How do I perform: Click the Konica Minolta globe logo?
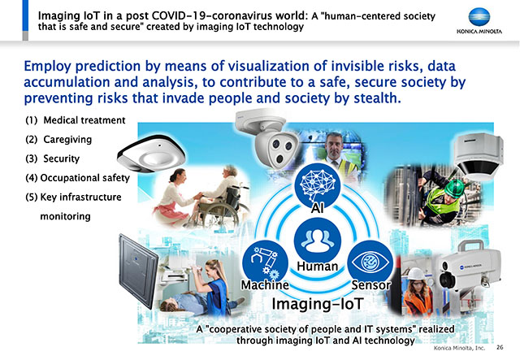pyautogui.click(x=479, y=17)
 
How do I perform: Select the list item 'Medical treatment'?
pyautogui.click(x=76, y=120)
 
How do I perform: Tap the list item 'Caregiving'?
pyautogui.click(x=58, y=139)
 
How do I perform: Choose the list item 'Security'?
pyautogui.click(x=52, y=158)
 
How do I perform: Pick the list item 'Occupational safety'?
pyautogui.click(x=78, y=178)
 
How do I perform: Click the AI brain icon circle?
pyautogui.click(x=318, y=185)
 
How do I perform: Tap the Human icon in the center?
pyautogui.click(x=318, y=241)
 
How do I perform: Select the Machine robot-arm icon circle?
pyautogui.click(x=266, y=263)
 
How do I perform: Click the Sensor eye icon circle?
pyautogui.click(x=370, y=263)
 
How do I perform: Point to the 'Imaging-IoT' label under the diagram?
pyautogui.click(x=318, y=304)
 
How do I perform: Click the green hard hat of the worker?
pyautogui.click(x=454, y=189)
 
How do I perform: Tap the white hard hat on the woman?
pyautogui.click(x=416, y=274)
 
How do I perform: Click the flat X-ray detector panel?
pyautogui.click(x=138, y=271)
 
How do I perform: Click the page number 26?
pyautogui.click(x=500, y=347)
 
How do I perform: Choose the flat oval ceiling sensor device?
pyautogui.click(x=151, y=154)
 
